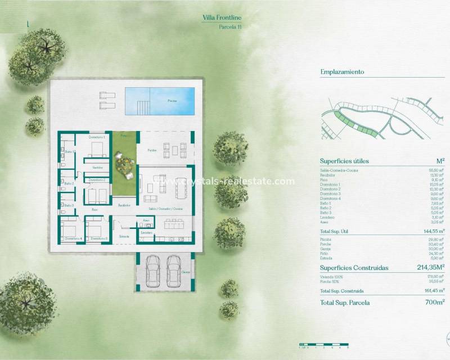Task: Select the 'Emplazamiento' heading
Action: point(342,72)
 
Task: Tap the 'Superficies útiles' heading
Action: point(344,161)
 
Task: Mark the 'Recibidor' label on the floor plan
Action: point(124,205)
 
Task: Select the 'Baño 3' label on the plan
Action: point(69,205)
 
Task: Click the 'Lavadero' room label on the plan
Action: point(147,232)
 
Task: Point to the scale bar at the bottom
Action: point(320,344)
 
